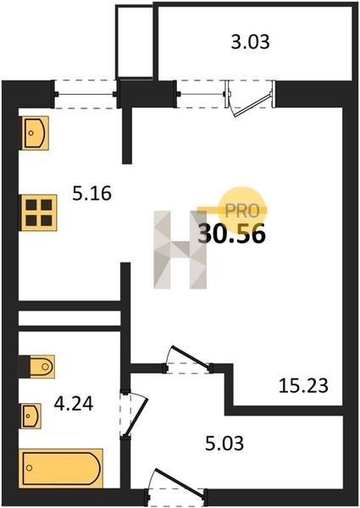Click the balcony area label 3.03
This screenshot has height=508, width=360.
pos(250,42)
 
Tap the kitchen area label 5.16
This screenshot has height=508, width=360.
pos(91,193)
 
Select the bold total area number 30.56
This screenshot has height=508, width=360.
pos(232,234)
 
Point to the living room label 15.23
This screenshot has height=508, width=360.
pos(303,386)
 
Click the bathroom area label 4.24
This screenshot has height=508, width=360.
pos(74,404)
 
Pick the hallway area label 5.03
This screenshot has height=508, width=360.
pos(224,444)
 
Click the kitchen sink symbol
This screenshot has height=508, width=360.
pos(36,133)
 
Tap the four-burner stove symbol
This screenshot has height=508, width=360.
pos(39,213)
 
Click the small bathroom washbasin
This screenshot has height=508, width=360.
pos(31,416)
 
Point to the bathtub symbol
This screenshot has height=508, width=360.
pos(61,468)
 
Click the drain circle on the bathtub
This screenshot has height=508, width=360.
pos(30,468)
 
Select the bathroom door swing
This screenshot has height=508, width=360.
pos(134,414)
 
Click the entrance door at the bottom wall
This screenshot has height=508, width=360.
pos(176,487)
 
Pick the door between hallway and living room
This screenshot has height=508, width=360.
pos(188,361)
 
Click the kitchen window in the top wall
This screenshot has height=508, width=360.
pos(86,94)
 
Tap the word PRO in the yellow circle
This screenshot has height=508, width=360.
pos(242,211)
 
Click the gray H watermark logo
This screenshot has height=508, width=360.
pos(180,250)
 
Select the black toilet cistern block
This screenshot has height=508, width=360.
pos(25,367)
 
